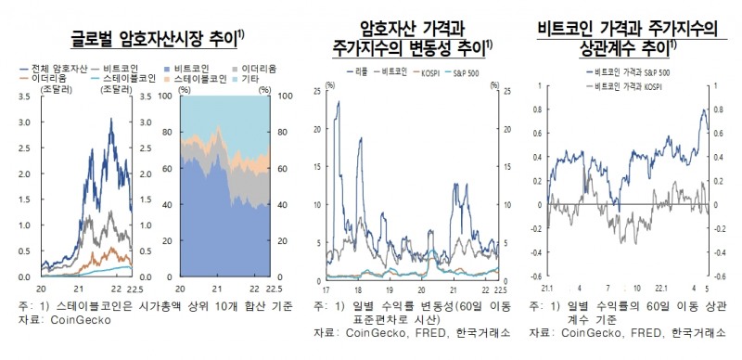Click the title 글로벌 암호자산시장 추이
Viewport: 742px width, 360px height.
(x=162, y=38)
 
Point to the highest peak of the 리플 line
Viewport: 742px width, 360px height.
(x=339, y=101)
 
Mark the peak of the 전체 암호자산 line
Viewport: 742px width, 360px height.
(x=113, y=123)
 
